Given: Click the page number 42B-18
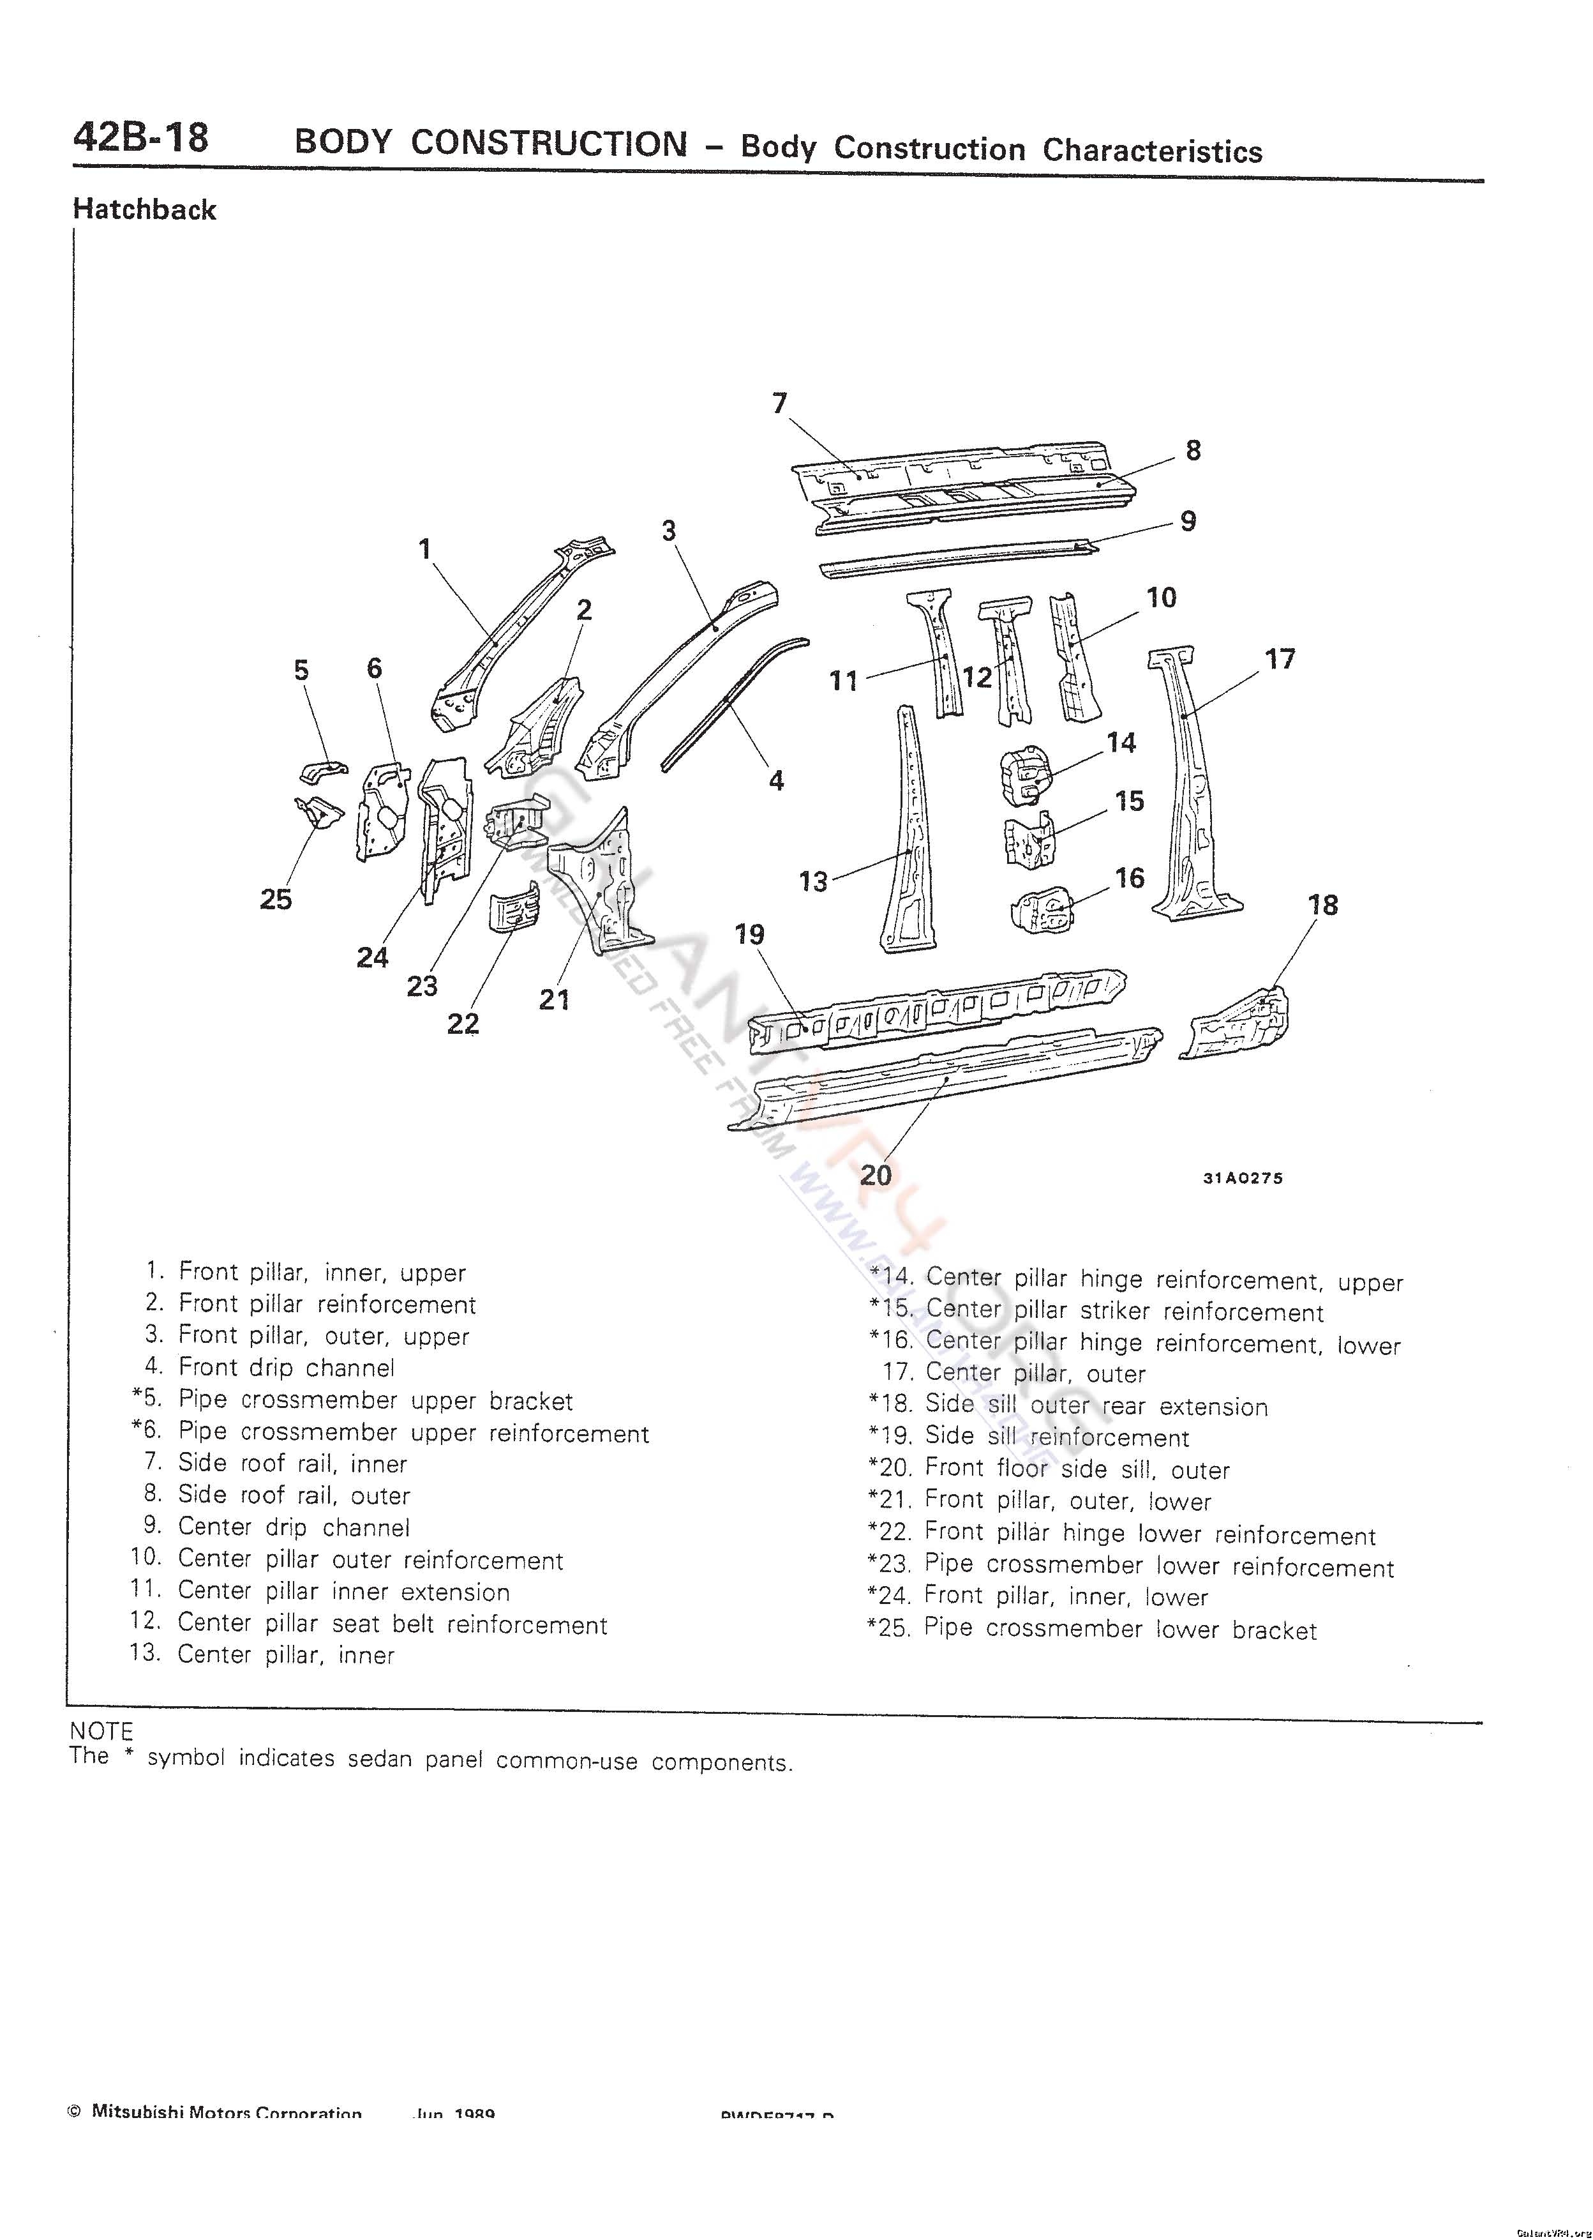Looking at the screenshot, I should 140,137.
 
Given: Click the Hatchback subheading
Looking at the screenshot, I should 144,209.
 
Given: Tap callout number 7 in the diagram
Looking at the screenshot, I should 780,404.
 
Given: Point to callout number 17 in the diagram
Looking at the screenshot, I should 1280,660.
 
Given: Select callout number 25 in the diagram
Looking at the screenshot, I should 276,900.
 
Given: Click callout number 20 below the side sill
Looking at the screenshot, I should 875,1174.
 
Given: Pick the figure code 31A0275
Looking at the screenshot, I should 1242,1178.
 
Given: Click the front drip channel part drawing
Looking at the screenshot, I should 734,699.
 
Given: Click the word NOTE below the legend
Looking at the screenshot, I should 101,1732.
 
